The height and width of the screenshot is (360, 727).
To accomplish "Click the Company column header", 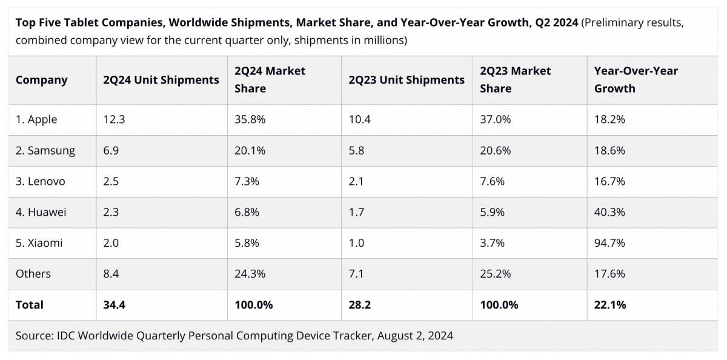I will click(41, 80).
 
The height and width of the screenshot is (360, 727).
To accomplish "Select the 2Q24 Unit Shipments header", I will click(161, 80).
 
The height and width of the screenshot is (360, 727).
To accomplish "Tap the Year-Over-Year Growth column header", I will click(636, 79).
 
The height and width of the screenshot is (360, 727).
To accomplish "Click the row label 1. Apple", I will click(36, 119).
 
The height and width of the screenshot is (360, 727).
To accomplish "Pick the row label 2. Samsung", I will click(45, 150).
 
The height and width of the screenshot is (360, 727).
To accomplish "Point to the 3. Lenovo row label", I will click(40, 181).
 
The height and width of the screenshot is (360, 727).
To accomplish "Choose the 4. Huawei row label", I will click(41, 212).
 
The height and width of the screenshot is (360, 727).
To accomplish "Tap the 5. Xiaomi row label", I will click(39, 243).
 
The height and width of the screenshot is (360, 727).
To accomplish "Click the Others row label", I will click(33, 274).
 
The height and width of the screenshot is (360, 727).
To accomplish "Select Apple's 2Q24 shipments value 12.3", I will click(114, 119).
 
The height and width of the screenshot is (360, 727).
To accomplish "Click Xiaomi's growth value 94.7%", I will click(609, 243).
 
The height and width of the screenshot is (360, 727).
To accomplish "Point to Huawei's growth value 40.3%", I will click(609, 212).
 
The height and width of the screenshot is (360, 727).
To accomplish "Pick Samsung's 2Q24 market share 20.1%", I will click(250, 150).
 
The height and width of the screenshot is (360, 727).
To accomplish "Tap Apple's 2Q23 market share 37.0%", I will click(495, 119).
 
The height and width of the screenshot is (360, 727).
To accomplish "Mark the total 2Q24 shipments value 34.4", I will click(115, 305).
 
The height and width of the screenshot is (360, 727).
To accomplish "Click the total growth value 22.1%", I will click(610, 305).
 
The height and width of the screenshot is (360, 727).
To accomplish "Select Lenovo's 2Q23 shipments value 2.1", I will click(356, 181).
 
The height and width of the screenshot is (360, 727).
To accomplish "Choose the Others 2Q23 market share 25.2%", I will click(495, 274).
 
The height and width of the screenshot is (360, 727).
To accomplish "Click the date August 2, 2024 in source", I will click(415, 335).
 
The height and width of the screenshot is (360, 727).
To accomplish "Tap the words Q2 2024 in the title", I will click(556, 23).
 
